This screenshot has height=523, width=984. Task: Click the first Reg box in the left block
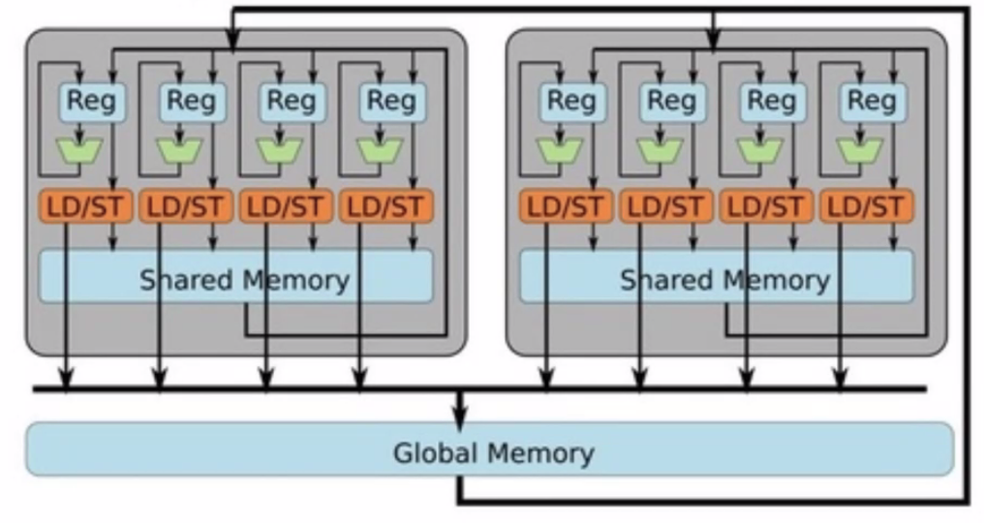click(x=91, y=101)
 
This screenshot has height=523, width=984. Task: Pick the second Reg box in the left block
click(x=191, y=101)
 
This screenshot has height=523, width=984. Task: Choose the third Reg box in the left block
click(x=291, y=101)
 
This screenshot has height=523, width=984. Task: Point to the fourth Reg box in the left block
click(x=391, y=101)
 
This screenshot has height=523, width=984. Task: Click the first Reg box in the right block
click(x=571, y=101)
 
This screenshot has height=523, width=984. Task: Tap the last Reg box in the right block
click(x=872, y=101)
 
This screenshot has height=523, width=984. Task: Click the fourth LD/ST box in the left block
click(x=385, y=206)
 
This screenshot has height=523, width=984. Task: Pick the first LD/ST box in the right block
click(x=566, y=206)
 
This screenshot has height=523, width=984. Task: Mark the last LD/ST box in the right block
click(x=866, y=206)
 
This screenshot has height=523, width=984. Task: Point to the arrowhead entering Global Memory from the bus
click(x=460, y=416)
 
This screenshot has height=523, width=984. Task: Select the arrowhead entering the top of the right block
click(x=713, y=42)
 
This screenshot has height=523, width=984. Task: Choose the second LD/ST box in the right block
click(x=665, y=206)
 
